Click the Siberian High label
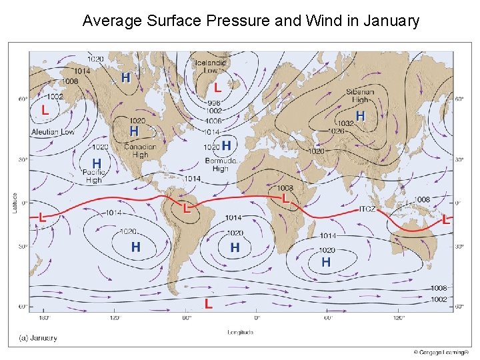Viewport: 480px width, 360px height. [360, 96]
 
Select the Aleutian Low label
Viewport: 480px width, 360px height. [53, 132]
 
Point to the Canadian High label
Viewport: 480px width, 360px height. [140, 151]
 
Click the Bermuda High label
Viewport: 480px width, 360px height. [221, 165]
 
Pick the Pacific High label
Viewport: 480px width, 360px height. [94, 177]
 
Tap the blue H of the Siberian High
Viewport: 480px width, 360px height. [360, 116]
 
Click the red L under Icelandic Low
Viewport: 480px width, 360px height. [217, 87]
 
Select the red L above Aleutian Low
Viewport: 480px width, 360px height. [45, 110]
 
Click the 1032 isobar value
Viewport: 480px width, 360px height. [345, 123]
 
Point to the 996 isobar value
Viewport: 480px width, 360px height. [213, 103]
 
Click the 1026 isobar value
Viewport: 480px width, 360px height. [337, 131]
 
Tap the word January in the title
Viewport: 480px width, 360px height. [391, 21]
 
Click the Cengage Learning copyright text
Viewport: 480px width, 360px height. [441, 352]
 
